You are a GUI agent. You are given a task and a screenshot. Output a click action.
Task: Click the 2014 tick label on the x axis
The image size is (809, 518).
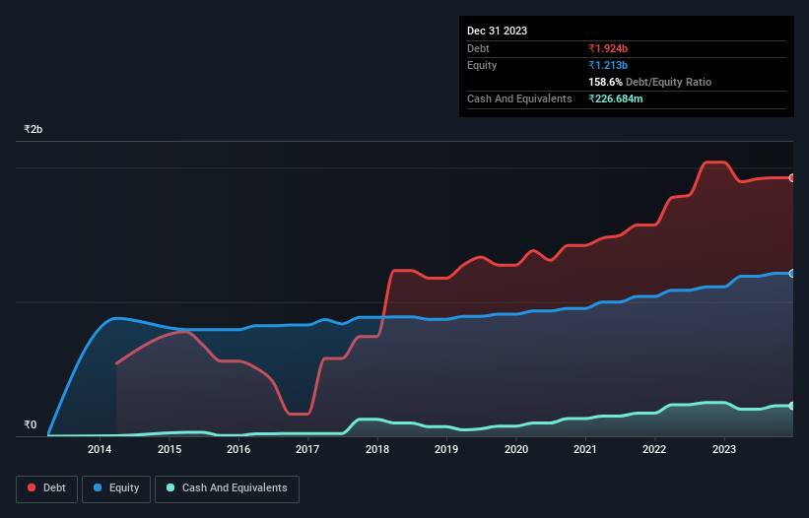pos(100,450)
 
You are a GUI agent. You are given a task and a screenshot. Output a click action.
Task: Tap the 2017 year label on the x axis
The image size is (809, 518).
pos(307,450)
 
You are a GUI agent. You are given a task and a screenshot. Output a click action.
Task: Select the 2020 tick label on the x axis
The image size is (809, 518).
pos(515,450)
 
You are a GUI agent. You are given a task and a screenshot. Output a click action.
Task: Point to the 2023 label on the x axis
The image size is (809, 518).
pos(724,450)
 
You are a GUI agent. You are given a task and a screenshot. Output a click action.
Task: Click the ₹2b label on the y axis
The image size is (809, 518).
pos(34,130)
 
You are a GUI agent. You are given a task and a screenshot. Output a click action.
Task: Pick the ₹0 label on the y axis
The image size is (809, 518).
pos(30,425)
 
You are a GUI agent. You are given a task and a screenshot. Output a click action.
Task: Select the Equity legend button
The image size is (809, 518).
pos(116,487)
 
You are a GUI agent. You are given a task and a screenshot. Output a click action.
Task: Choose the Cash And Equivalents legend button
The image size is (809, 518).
pos(227,487)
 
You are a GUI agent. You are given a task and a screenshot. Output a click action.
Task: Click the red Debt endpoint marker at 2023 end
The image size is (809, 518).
pos(792,177)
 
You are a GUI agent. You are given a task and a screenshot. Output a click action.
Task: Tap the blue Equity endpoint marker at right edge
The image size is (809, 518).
pos(792,273)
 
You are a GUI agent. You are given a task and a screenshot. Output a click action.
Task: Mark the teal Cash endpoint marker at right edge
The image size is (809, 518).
pos(792,406)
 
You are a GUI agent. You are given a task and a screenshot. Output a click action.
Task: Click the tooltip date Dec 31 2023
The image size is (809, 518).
pos(497,31)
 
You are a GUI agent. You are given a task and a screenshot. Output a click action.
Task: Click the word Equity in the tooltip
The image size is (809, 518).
pos(482,65)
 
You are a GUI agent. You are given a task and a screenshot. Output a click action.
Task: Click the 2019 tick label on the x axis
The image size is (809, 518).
pos(446,450)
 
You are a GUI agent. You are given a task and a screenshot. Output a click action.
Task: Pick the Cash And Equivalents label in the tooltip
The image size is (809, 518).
pos(519,98)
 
